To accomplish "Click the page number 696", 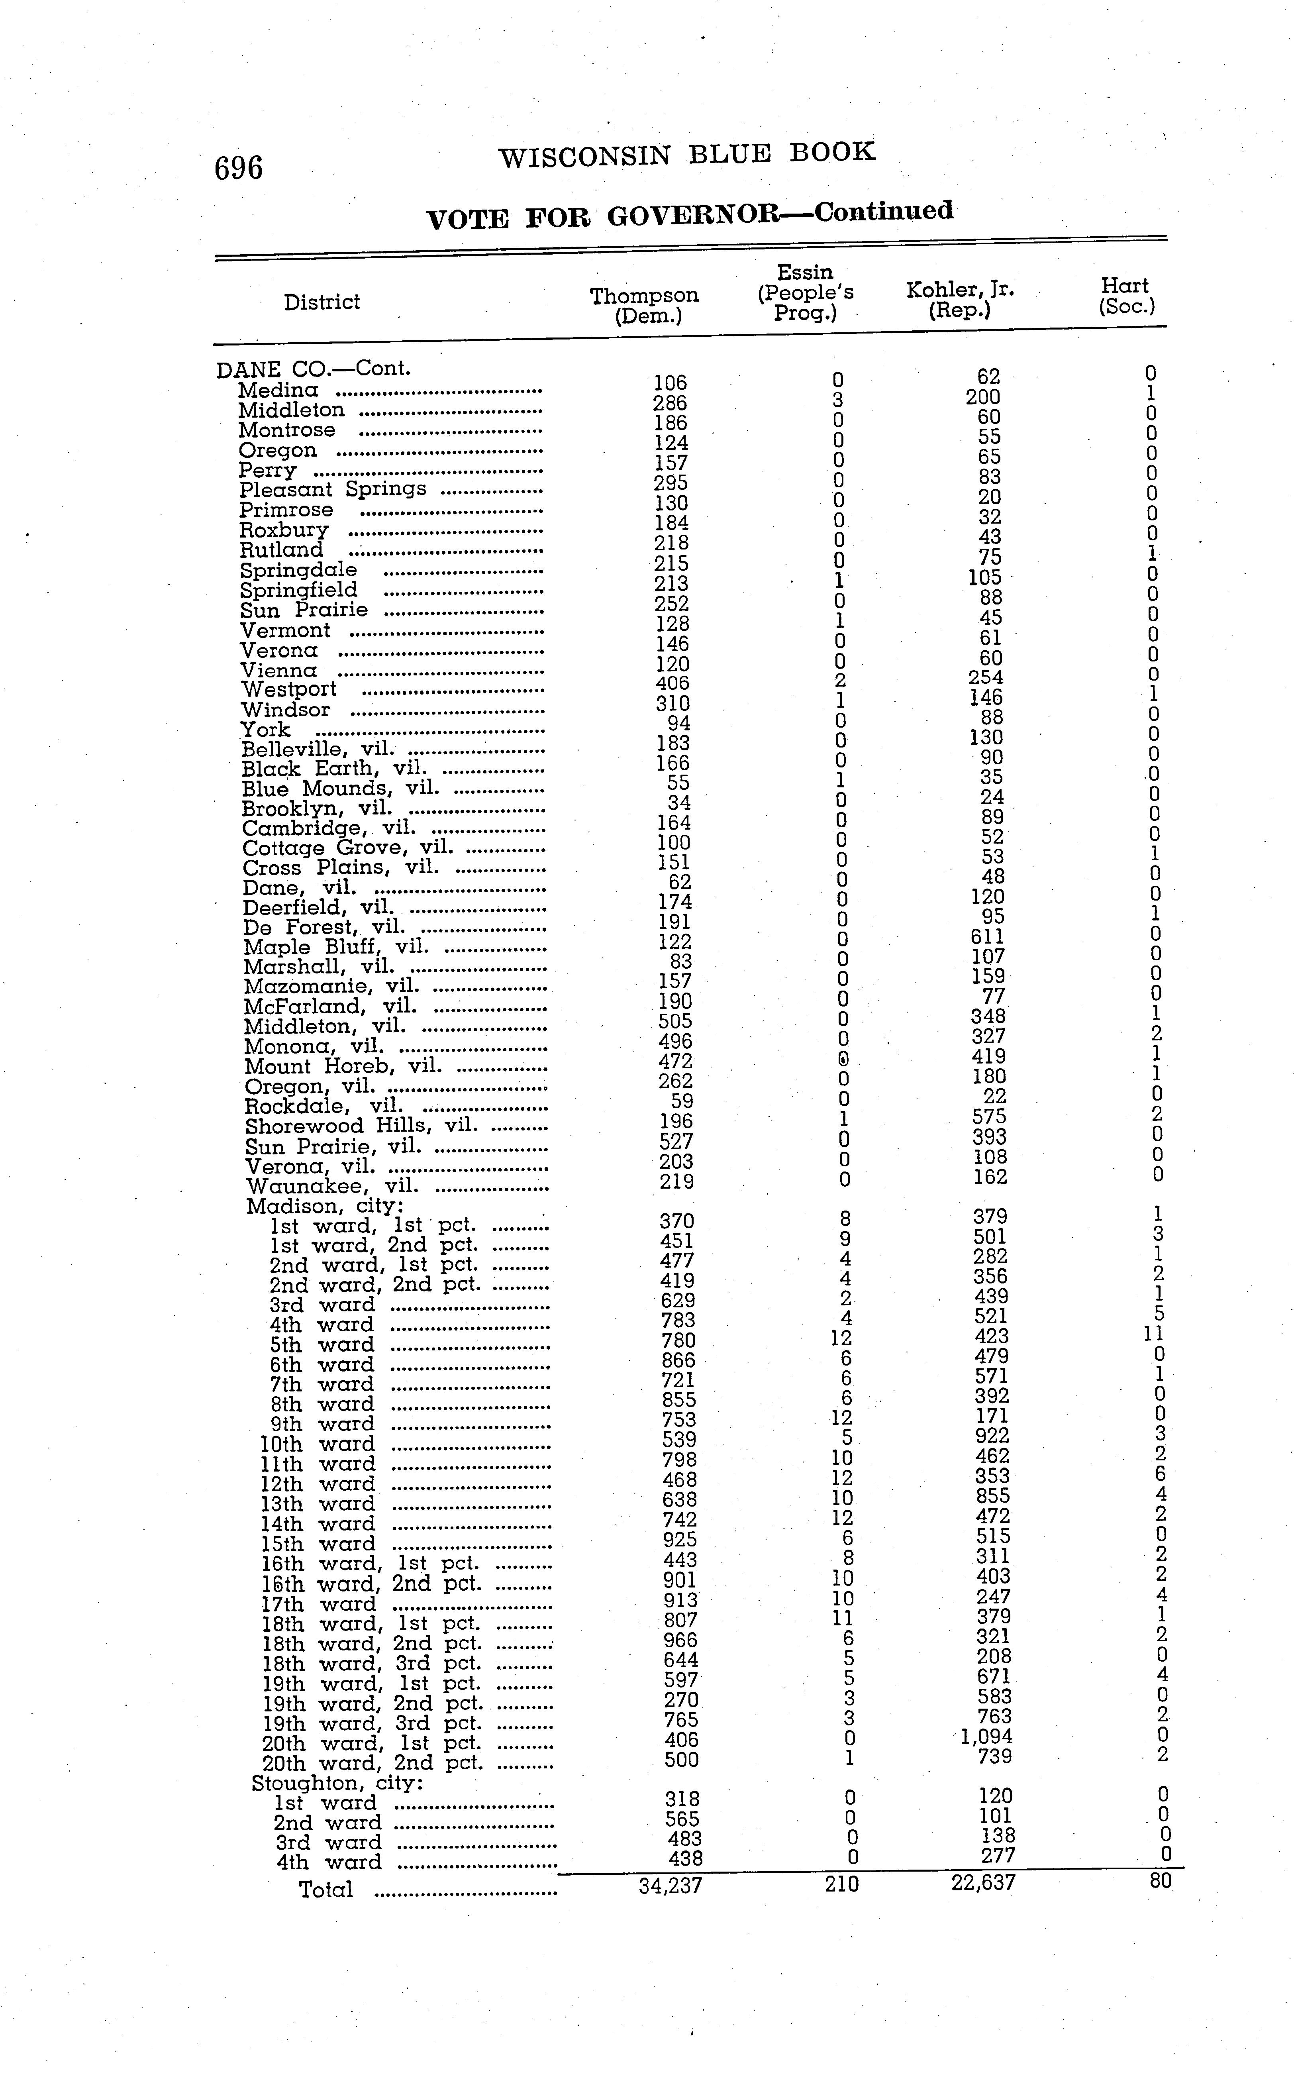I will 239,168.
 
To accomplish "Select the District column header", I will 322,302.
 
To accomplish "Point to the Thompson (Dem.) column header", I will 645,306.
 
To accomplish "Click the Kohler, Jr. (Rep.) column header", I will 960,300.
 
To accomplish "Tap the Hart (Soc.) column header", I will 1126,296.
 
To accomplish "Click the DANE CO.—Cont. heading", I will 313,369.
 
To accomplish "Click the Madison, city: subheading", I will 324,1206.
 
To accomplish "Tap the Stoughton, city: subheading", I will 337,1783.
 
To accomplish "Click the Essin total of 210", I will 841,1884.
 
